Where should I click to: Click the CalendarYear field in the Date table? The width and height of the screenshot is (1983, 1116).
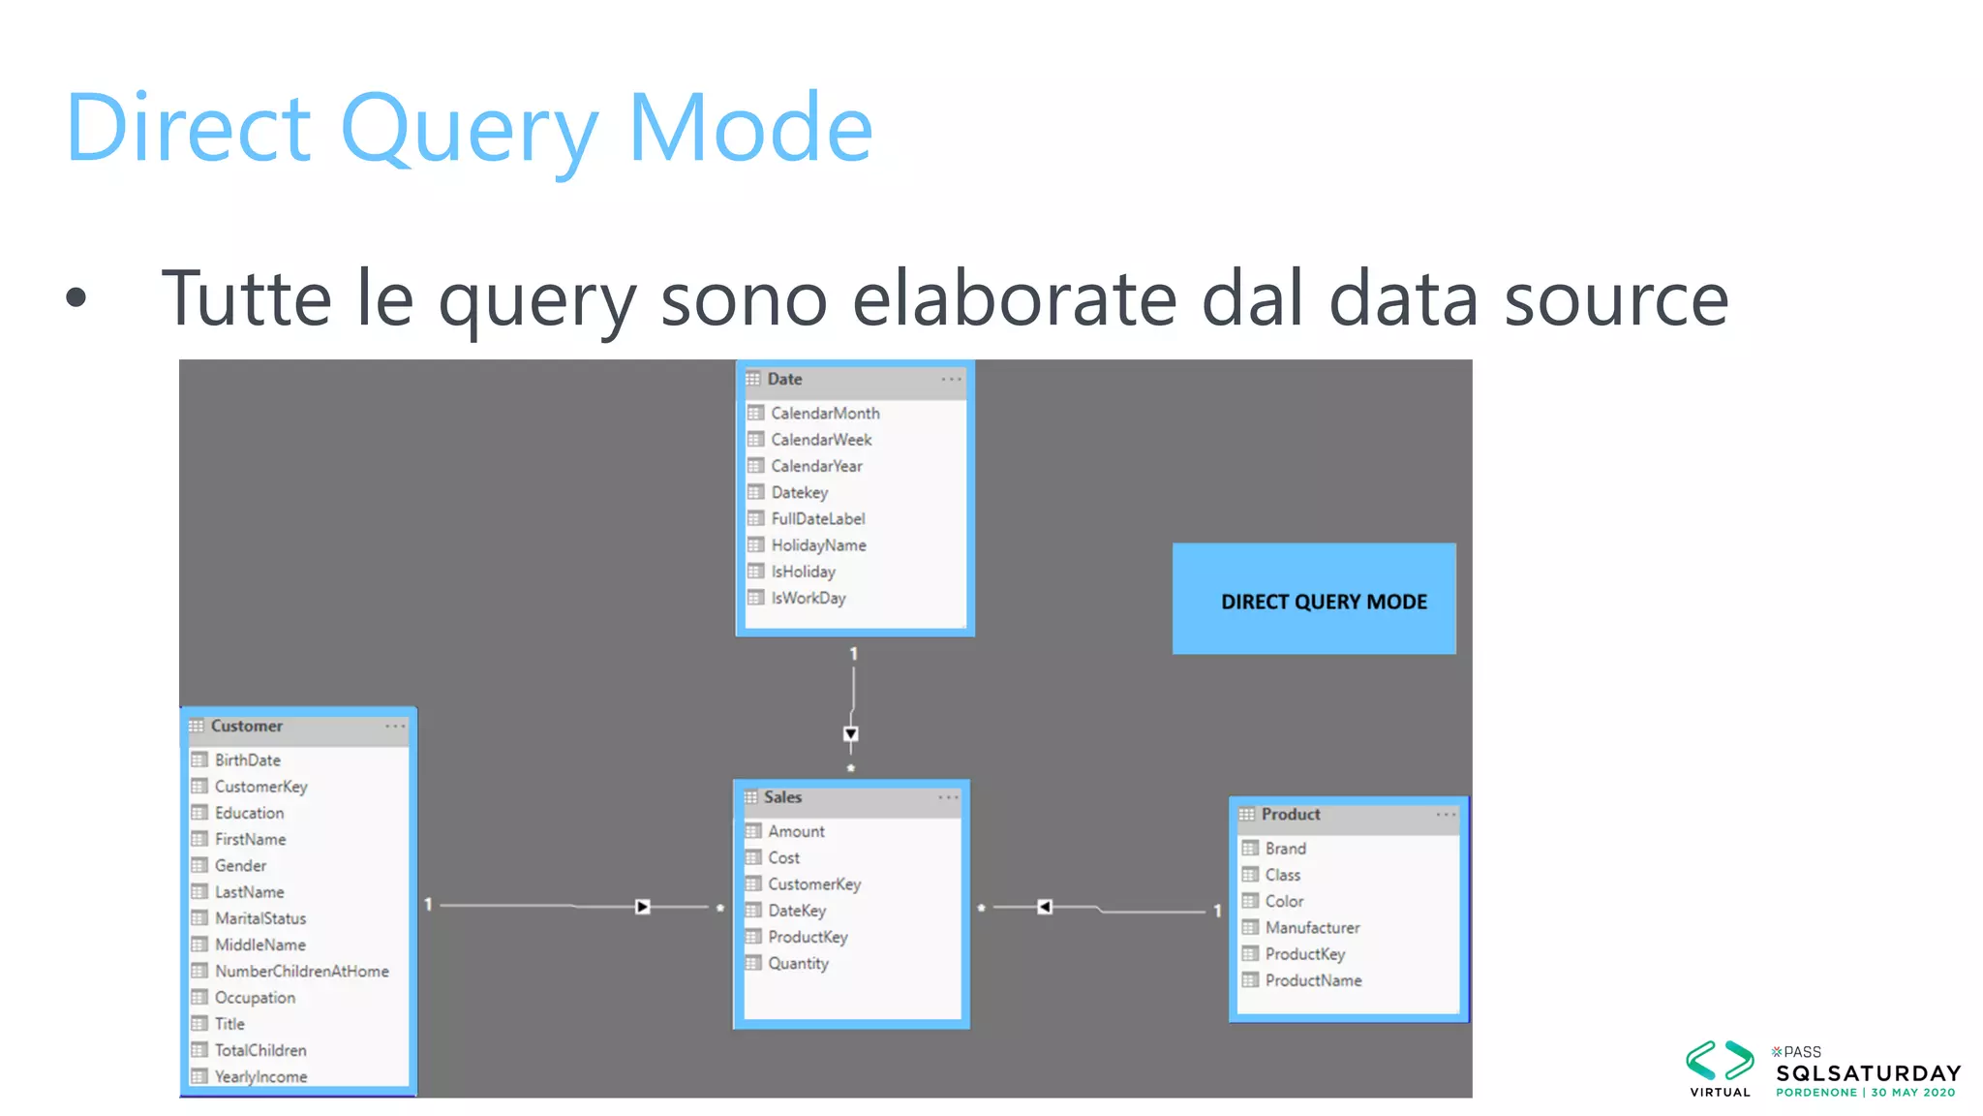point(816,466)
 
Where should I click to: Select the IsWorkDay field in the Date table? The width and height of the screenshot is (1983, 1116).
point(808,598)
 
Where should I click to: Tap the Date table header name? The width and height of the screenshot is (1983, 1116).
point(784,379)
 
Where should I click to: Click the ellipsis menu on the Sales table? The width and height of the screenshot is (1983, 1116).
point(948,797)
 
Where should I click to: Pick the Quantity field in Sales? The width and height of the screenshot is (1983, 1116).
point(798,963)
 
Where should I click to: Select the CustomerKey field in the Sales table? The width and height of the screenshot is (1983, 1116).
point(813,883)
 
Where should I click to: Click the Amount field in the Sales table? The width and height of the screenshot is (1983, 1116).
point(796,831)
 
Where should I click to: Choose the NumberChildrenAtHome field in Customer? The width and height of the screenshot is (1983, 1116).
point(301,971)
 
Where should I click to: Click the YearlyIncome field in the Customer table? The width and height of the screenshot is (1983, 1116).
point(260,1076)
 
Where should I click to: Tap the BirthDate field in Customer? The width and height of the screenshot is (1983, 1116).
point(248,760)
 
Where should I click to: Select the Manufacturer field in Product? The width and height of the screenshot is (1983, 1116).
point(1312,927)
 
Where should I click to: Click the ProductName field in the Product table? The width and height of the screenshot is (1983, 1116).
point(1313,980)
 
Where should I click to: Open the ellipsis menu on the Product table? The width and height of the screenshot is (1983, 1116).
point(1446,815)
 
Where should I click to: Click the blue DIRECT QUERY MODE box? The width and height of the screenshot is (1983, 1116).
point(1314,600)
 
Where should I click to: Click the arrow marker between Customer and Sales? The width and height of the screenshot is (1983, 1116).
point(643,907)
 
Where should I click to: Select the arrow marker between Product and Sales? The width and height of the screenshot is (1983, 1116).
point(1044,907)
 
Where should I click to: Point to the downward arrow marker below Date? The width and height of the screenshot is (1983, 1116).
point(851,734)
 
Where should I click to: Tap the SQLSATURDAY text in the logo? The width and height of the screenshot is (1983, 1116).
point(1868,1073)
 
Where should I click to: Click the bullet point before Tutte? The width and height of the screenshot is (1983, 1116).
point(76,298)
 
